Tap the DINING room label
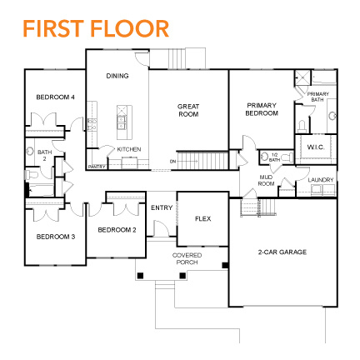(x=117, y=76)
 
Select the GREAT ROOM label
(x=188, y=109)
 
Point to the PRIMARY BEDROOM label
(x=261, y=108)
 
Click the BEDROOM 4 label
(x=56, y=97)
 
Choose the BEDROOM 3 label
(x=56, y=237)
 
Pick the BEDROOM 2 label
(x=117, y=229)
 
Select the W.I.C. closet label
(x=315, y=147)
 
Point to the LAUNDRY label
(x=321, y=180)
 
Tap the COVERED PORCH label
(x=186, y=257)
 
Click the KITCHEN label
(x=129, y=148)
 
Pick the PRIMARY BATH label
(x=318, y=97)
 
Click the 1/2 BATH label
(x=275, y=157)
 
